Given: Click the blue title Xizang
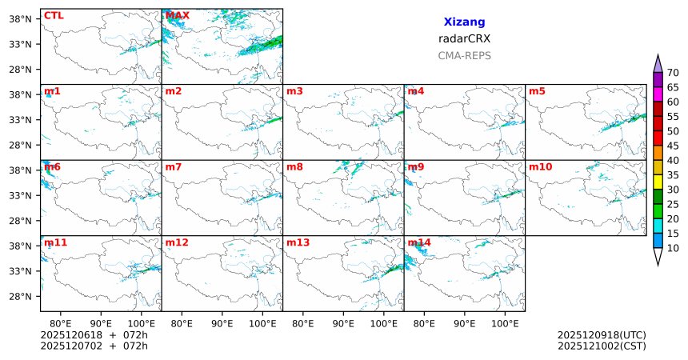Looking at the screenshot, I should pyautogui.click(x=464, y=22).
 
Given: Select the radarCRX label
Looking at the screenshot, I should pyautogui.click(x=464, y=38).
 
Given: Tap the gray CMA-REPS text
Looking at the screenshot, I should pyautogui.click(x=464, y=56).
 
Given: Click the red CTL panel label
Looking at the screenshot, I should pyautogui.click(x=54, y=15).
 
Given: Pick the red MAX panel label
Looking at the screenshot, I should pyautogui.click(x=177, y=15).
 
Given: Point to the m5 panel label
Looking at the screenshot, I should pyautogui.click(x=537, y=91).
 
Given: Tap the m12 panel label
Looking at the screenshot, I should pyautogui.click(x=177, y=242).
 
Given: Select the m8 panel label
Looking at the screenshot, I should pyautogui.click(x=294, y=167).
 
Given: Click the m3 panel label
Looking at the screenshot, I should pyautogui.click(x=294, y=91).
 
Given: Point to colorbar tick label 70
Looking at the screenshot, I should pyautogui.click(x=673, y=73).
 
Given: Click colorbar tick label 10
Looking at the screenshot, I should pyautogui.click(x=673, y=249).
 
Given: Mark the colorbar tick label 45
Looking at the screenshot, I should pyautogui.click(x=673, y=146).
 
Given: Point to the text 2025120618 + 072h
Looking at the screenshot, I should pyautogui.click(x=94, y=334).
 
